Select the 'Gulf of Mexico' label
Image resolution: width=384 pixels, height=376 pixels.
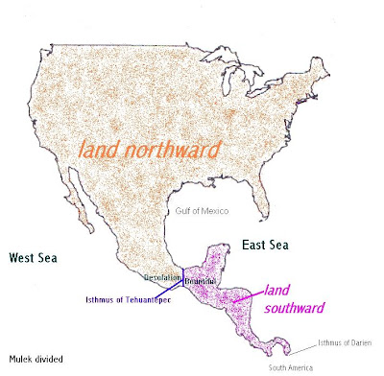point(203,209)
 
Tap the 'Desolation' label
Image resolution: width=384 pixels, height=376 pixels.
point(160,276)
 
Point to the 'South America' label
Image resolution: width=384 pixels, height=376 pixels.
point(292,367)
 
